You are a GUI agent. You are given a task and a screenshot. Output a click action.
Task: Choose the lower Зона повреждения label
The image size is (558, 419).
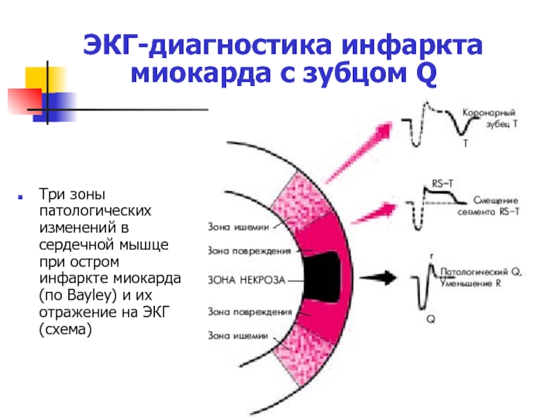point(250,311)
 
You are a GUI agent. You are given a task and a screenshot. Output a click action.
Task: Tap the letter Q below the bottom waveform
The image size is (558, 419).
point(430,318)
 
